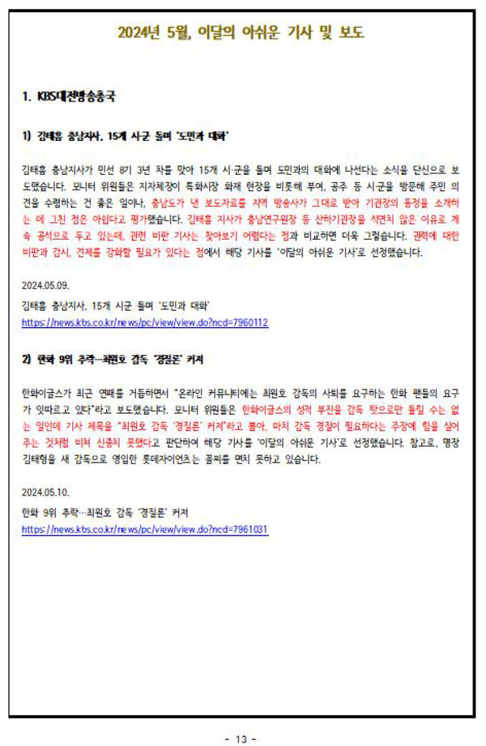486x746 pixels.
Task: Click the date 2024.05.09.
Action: point(46,285)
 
